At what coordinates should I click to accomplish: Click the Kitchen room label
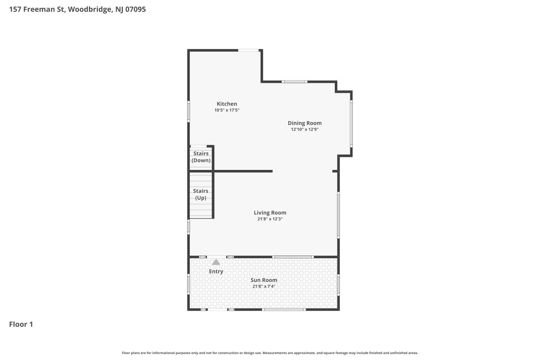[227, 104]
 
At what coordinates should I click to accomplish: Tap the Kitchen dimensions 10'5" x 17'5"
[227, 110]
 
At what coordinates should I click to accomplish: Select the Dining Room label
[305, 123]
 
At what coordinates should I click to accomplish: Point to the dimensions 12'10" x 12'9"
[305, 129]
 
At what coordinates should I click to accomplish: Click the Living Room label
[270, 213]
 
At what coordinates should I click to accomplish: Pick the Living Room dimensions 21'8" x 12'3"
[270, 219]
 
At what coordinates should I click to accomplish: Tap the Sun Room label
[264, 280]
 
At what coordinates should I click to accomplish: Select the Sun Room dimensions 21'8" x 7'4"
[264, 286]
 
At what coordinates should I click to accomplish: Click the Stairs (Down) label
[201, 157]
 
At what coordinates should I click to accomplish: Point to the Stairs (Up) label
[201, 194]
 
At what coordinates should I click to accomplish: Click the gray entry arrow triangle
[216, 262]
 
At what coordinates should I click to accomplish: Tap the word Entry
[216, 271]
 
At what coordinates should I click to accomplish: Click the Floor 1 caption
[21, 324]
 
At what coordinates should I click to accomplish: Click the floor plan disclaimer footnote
[270, 353]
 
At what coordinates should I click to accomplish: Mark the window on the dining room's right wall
[351, 124]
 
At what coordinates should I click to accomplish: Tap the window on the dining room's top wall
[294, 82]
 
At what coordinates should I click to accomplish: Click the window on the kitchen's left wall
[189, 111]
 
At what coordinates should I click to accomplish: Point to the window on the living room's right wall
[338, 215]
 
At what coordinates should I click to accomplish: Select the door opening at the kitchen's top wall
[248, 50]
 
